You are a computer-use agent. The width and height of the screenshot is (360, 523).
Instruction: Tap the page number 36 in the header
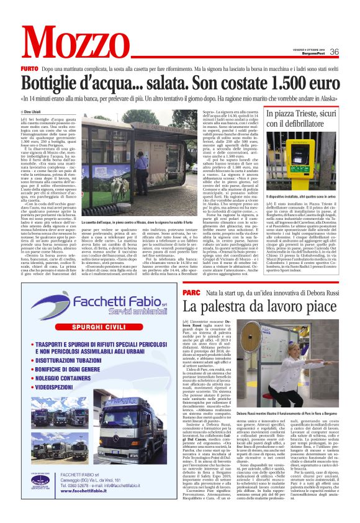(334, 52)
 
